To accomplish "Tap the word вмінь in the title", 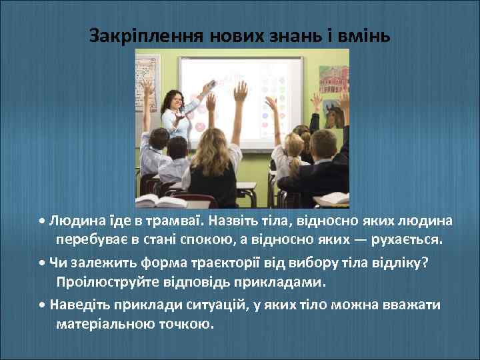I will (363, 34).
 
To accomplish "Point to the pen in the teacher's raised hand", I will (209, 85).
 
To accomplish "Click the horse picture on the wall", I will (333, 117).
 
